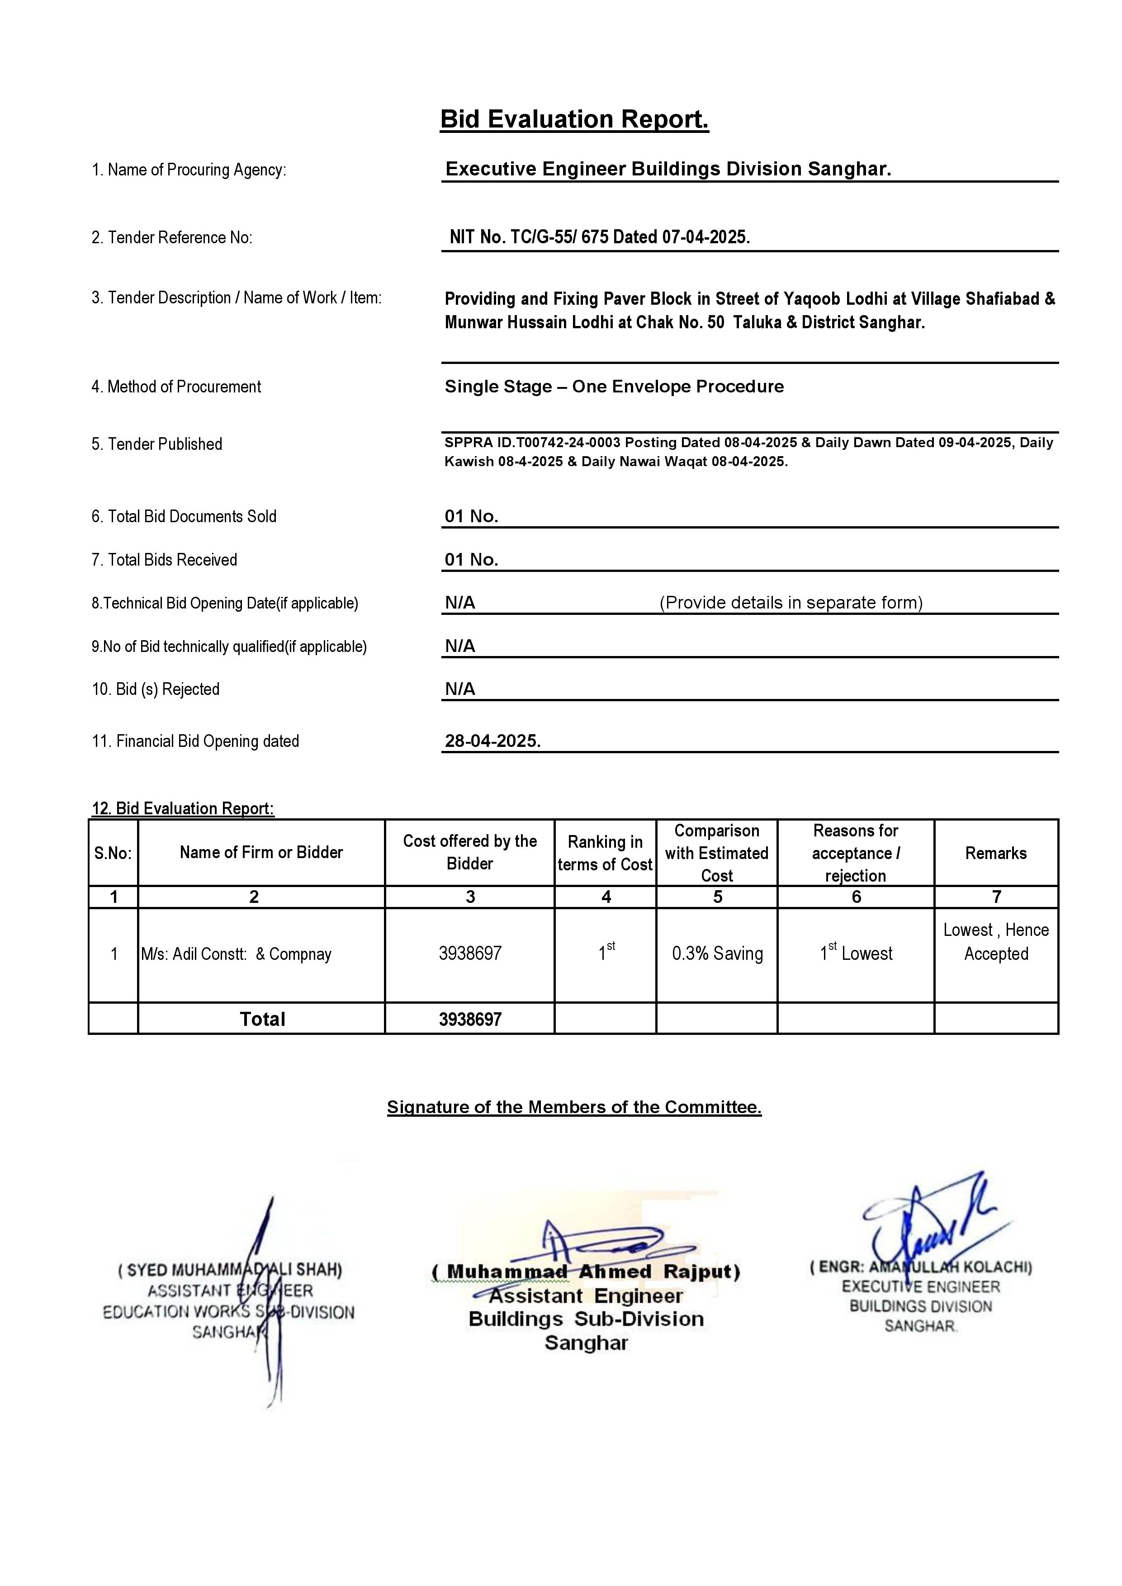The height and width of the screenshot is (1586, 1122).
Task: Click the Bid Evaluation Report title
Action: coord(574,119)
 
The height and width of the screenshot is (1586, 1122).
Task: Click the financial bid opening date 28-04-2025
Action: coord(492,741)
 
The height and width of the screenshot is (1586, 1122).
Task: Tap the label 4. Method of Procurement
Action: coord(176,387)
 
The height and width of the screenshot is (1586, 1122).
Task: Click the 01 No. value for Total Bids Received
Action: coord(471,560)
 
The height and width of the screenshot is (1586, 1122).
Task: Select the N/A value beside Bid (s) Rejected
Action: coord(460,689)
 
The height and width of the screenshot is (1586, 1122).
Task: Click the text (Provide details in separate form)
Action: coord(791,602)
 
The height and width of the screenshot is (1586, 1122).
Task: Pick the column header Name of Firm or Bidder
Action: coord(261,852)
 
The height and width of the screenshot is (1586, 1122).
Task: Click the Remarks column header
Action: coord(995,853)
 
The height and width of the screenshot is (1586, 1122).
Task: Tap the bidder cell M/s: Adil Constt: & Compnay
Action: coord(236,954)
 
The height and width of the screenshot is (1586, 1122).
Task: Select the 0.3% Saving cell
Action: coord(717,954)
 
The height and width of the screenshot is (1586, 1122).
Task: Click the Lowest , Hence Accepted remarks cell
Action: coord(995,942)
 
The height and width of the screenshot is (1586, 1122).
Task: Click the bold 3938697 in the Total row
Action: coord(470,1020)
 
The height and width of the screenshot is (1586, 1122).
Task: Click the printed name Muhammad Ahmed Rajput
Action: coord(586,1272)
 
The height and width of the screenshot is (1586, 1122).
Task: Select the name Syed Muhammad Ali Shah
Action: coord(230,1270)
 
